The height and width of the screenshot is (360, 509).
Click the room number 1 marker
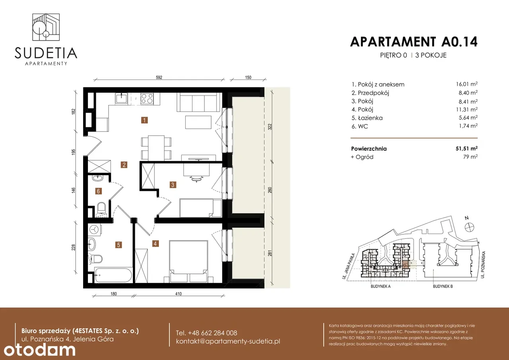144,120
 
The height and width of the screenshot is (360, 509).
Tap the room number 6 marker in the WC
98,191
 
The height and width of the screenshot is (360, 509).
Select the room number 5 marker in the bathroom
119,245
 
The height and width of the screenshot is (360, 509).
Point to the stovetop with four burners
147,99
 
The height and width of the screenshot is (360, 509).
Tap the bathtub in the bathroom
113,275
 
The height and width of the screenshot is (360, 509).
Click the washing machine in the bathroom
94,229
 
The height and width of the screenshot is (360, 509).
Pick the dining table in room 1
156,147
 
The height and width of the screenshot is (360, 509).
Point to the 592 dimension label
159,77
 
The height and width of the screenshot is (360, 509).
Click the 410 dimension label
179,294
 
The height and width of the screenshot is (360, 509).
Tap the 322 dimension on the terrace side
270,126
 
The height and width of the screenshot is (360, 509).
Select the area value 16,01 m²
467,84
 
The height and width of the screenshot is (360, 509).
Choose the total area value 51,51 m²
466,148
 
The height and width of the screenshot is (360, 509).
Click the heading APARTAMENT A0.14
414,42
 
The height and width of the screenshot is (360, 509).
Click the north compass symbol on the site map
469,227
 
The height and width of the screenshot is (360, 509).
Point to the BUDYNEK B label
443,286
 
